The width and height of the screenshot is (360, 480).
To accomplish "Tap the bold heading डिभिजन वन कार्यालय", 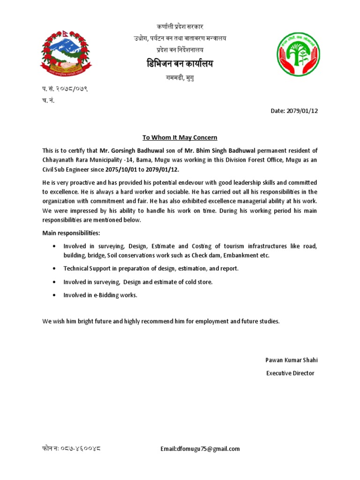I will pyautogui.click(x=180, y=63).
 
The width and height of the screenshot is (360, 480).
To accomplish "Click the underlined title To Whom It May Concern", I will pyautogui.click(x=180, y=137).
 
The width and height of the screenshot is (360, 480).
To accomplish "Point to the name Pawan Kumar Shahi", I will pyautogui.click(x=292, y=360).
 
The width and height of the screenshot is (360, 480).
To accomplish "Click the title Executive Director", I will pyautogui.click(x=290, y=373).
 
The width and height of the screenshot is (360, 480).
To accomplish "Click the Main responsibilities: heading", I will pyautogui.click(x=71, y=233).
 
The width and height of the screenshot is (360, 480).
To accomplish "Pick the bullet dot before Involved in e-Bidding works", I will pyautogui.click(x=56, y=295).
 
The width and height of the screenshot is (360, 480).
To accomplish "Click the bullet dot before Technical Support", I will pyautogui.click(x=56, y=269).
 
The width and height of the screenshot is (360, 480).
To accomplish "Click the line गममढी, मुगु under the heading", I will pyautogui.click(x=180, y=78).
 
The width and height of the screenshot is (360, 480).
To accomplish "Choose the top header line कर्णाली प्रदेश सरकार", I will pyautogui.click(x=180, y=27).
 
